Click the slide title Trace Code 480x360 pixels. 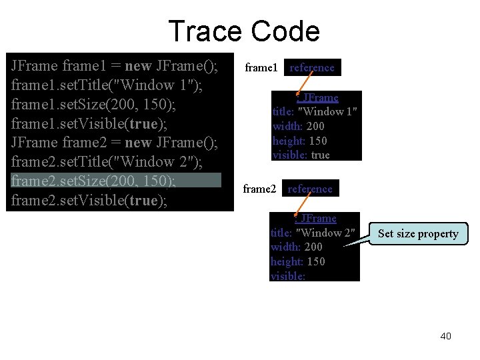click(243, 31)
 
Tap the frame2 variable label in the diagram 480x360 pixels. click(259, 189)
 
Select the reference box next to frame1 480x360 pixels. click(312, 67)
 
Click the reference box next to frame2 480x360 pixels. click(310, 189)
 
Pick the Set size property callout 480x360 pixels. click(418, 233)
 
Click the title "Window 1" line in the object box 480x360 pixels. click(315, 112)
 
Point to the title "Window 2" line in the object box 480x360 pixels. click(313, 233)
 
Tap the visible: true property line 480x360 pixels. click(301, 155)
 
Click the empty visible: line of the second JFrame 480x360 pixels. click(288, 275)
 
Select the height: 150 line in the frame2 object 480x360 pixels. click(297, 261)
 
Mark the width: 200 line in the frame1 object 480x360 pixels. click(299, 126)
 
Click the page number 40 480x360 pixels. click(445, 335)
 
